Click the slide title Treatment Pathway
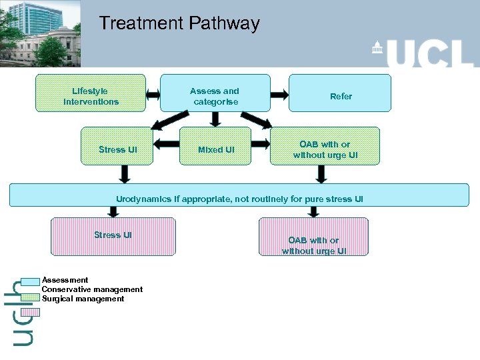pos(179,24)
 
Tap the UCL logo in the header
pos(423,52)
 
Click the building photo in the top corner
pos(40,33)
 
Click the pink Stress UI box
pos(113,236)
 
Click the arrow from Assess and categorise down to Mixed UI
pos(215,119)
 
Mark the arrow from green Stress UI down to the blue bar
pos(125,174)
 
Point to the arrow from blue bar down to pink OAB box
pos(314,211)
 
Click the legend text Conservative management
pos(92,289)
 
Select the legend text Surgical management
pos(83,299)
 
